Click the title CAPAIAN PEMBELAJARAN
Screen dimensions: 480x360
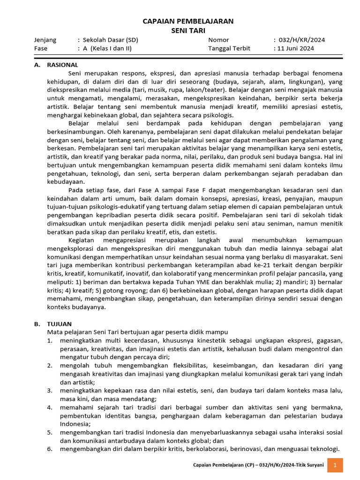pyautogui.click(x=187, y=22)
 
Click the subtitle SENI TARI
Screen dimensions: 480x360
pyautogui.click(x=187, y=30)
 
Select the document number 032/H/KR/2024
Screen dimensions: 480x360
pyautogui.click(x=301, y=40)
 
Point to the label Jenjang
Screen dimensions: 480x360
pyautogui.click(x=45, y=40)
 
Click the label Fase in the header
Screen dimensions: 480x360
pyautogui.click(x=41, y=48)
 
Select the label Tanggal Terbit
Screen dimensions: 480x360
pyautogui.click(x=229, y=48)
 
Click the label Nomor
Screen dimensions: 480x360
pyautogui.click(x=219, y=40)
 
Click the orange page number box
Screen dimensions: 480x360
pyautogui.click(x=335, y=465)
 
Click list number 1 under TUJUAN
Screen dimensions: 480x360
pyautogui.click(x=50, y=340)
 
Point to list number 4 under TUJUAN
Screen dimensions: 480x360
pyautogui.click(x=50, y=408)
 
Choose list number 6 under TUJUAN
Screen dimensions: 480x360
pyautogui.click(x=50, y=449)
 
